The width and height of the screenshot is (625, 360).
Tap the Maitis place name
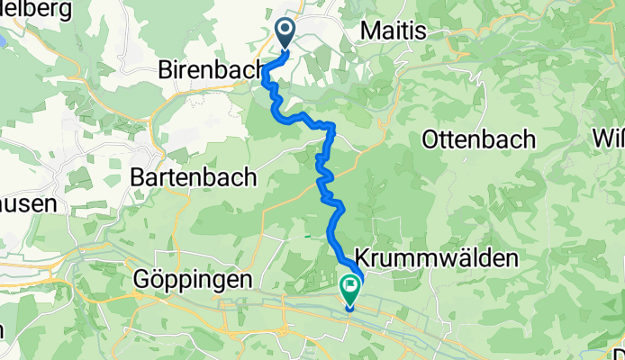394,30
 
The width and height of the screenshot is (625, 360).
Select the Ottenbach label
478,139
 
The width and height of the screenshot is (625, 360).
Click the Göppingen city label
192,280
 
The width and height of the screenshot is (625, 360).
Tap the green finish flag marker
349,289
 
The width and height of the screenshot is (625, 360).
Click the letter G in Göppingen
140,280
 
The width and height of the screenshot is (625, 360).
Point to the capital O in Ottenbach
431,139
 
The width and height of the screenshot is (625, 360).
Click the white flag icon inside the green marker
349,287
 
